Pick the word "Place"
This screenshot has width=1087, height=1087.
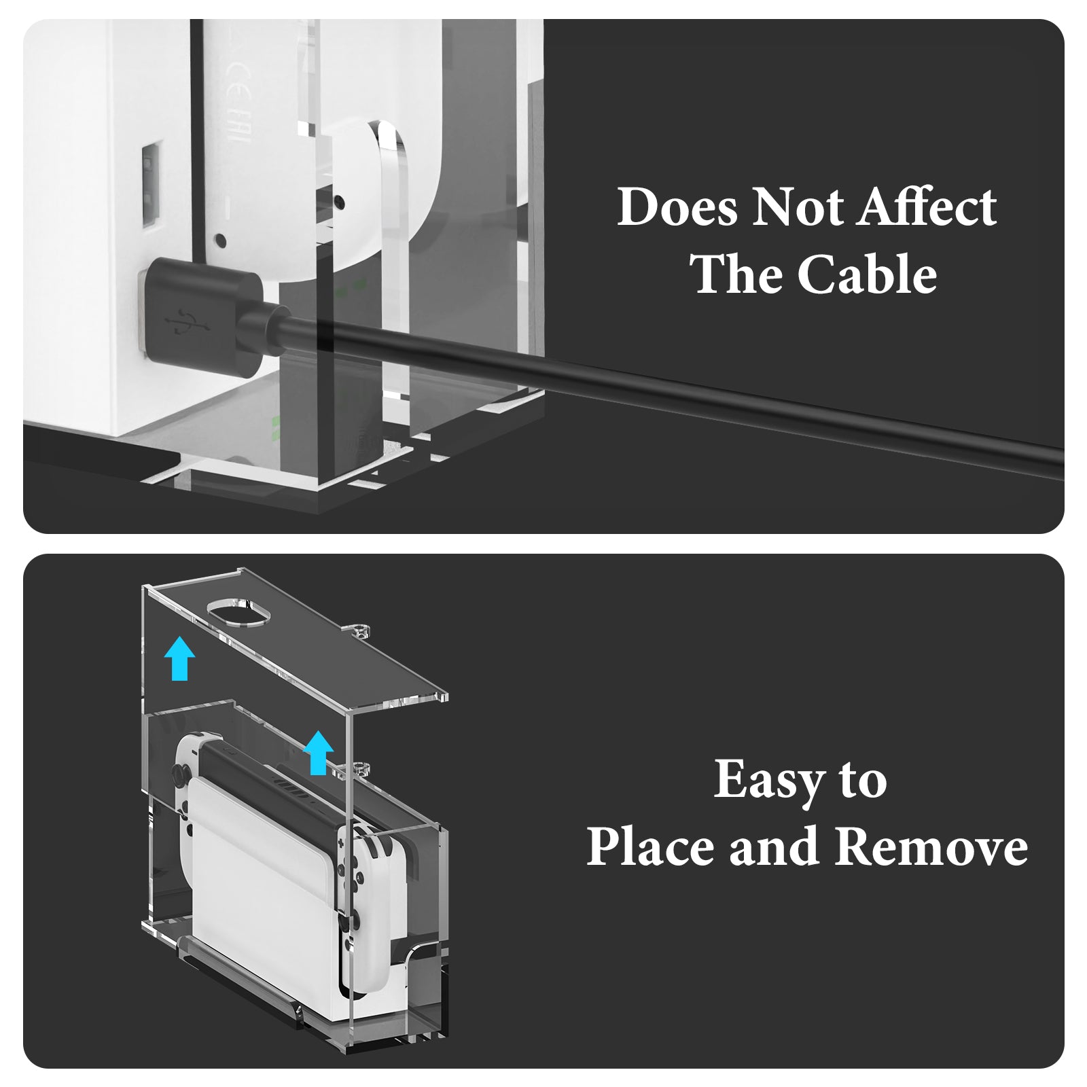[x=652, y=847]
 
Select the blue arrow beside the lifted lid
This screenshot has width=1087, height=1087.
[x=180, y=657]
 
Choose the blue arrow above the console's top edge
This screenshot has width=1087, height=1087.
[x=318, y=753]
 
